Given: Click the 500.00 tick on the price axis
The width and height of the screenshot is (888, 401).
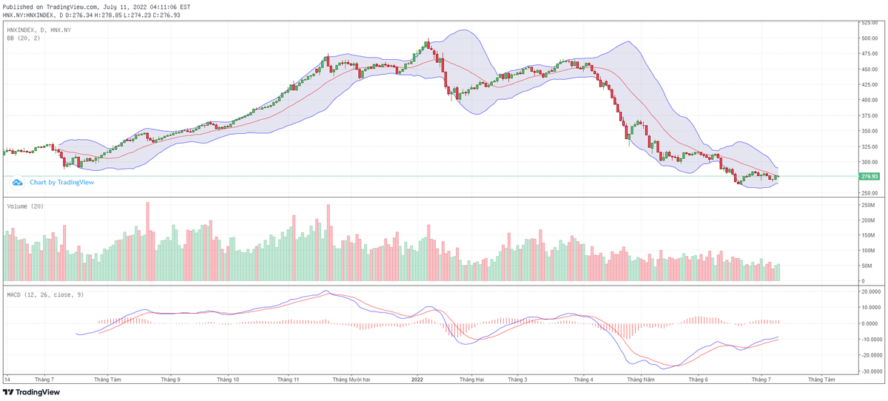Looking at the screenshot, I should coord(869,38).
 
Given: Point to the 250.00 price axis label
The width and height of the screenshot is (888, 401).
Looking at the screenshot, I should coord(869,193).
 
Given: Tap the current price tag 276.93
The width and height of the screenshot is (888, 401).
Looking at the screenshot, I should coord(869,177).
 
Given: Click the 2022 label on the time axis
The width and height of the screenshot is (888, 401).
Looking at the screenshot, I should coord(417,380).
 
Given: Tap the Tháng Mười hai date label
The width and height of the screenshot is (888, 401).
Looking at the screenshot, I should coord(351,380).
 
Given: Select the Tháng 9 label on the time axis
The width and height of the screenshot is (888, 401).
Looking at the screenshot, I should coord(170,380).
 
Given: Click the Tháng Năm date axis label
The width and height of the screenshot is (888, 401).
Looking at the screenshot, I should coord(640,380).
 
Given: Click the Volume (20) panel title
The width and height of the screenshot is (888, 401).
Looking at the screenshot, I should coord(25,206).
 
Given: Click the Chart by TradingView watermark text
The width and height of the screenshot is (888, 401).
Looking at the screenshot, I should coord(61,182).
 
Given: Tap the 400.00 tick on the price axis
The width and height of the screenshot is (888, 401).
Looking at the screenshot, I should coord(869,100).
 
